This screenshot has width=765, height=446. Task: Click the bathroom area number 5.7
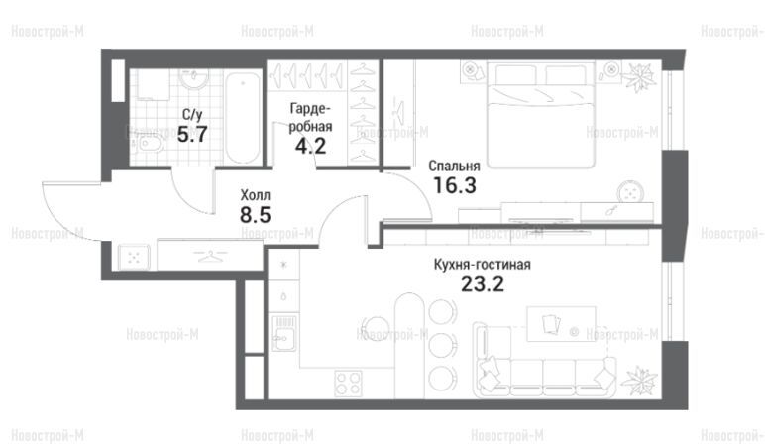[192, 134]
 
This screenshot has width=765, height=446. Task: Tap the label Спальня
[454, 166]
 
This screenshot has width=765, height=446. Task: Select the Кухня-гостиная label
[482, 265]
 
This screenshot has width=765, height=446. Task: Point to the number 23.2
[482, 283]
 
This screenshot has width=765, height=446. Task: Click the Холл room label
[255, 195]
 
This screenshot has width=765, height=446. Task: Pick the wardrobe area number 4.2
[310, 146]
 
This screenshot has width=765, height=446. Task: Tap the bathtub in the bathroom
[243, 118]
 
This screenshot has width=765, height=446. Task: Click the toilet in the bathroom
[150, 144]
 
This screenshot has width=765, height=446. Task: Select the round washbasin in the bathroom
[193, 79]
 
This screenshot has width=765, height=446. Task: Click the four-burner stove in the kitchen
[349, 383]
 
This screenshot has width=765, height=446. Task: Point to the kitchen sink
[283, 333]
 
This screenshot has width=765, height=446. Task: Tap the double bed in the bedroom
[541, 115]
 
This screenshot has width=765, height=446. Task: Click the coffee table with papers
[561, 324]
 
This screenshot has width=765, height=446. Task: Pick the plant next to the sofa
[638, 380]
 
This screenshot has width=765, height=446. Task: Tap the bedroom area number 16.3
[454, 185]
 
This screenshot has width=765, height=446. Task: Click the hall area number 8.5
[255, 215]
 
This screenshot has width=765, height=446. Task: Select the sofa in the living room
[544, 360]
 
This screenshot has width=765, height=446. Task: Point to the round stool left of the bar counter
[376, 327]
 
